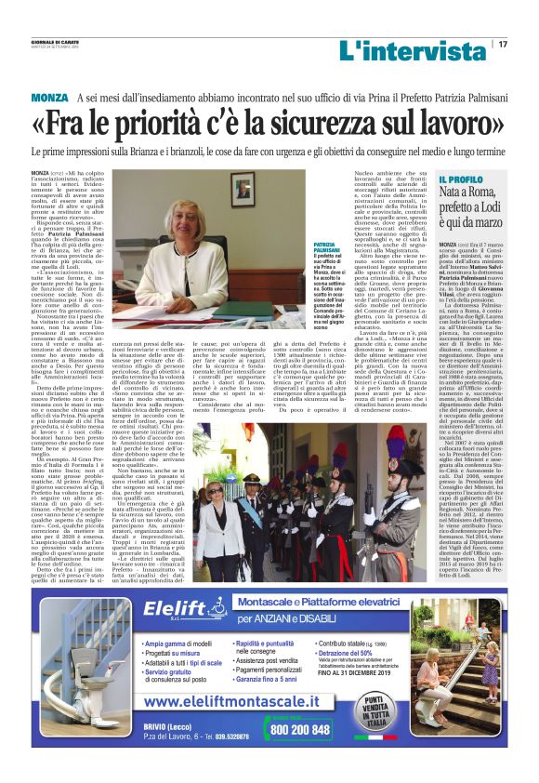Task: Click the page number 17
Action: [503, 44]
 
